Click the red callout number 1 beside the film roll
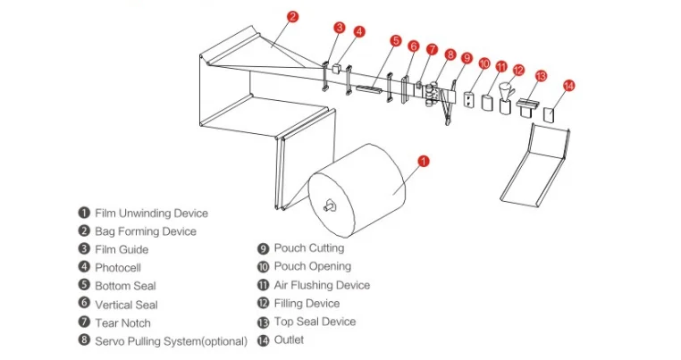[x=425, y=162]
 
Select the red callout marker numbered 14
[x=568, y=86]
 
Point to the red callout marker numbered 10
[x=484, y=63]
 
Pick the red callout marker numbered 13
[x=541, y=76]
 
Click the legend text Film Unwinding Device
[x=151, y=213]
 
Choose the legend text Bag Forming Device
[x=146, y=231]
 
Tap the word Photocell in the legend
[x=118, y=267]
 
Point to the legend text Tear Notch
[x=122, y=322]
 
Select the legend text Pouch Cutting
[x=309, y=248]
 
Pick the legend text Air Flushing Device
[x=322, y=285]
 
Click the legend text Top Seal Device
[x=315, y=322]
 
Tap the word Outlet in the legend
[x=289, y=339]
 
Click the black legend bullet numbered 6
[x=84, y=305]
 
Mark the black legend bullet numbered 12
[x=264, y=304]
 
